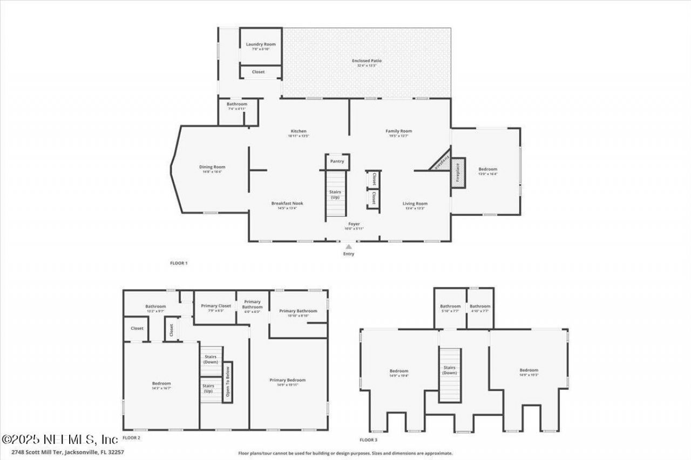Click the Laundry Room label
pos(261,44)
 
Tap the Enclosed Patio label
pos(367,61)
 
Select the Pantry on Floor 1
pos(337,161)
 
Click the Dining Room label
pos(212,167)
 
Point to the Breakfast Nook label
pos(287,203)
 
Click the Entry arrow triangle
pos(349,246)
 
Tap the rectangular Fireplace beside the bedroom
pos(458,173)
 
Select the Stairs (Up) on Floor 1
pos(335,194)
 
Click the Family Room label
pos(398,131)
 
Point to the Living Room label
pos(415,204)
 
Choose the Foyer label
pos(354,224)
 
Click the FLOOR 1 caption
pos(178,263)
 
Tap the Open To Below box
pos(228,382)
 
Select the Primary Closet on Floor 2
pos(216,306)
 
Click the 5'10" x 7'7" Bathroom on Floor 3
pos(450,307)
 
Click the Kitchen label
pos(299,131)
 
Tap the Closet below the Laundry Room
pos(259,72)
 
